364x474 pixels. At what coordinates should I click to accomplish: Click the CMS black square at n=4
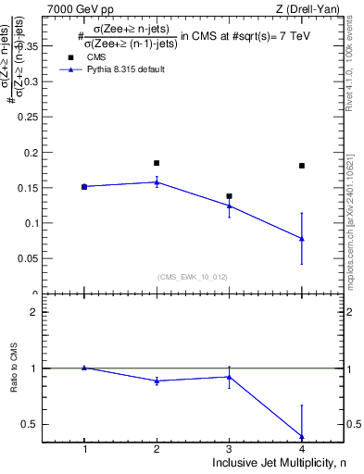tap(302, 166)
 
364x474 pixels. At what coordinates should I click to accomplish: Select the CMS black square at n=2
tap(157, 163)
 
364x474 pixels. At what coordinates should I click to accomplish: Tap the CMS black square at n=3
tap(229, 196)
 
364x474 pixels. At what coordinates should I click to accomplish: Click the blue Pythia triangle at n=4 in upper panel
tap(302, 238)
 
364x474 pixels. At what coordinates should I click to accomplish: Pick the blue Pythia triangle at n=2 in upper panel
tap(157, 182)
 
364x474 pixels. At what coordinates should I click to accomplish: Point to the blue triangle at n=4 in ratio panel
tap(302, 436)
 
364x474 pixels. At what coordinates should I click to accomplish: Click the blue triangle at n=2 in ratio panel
tap(157, 380)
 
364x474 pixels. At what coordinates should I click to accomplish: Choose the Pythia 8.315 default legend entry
tap(116, 69)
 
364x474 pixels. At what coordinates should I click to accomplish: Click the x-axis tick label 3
tap(229, 449)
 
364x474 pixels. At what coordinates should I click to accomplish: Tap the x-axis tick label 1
tap(84, 449)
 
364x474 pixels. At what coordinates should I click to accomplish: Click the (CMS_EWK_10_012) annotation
tap(193, 276)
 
